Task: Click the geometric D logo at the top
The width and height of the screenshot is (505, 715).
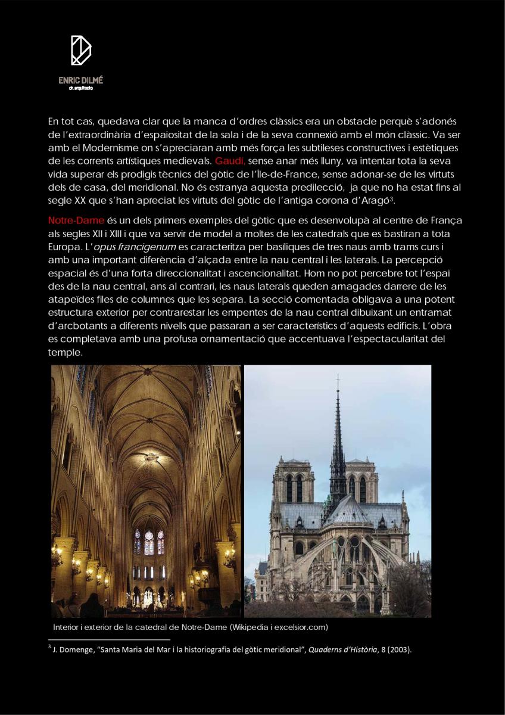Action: [x=81, y=51]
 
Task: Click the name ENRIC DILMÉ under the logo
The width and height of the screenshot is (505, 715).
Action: [x=81, y=80]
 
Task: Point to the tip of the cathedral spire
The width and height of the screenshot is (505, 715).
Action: [x=338, y=378]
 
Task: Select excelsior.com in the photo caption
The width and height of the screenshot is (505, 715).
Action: [x=303, y=627]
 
